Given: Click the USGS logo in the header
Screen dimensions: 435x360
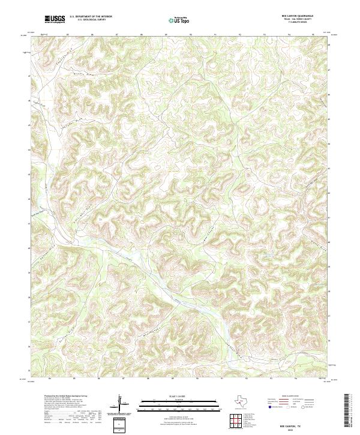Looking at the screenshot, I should [x=55, y=19].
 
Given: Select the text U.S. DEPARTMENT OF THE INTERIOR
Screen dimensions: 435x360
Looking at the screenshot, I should [x=91, y=17].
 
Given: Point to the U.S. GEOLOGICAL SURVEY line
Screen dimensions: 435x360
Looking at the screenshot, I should [x=91, y=20].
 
